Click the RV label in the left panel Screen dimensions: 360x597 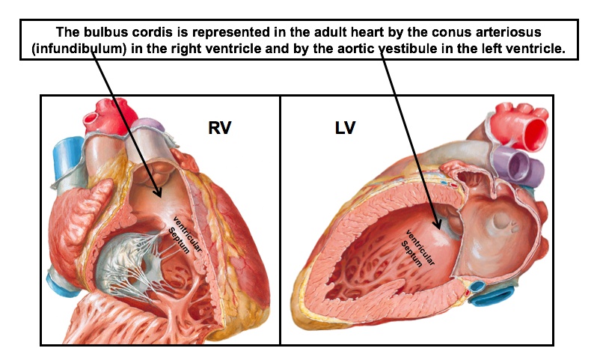pyautogui.click(x=219, y=128)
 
